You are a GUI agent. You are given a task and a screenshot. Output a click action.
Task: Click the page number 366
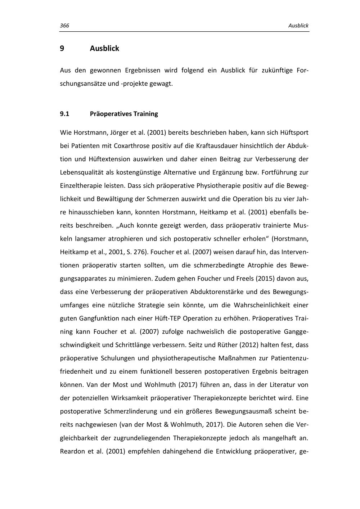(64, 26)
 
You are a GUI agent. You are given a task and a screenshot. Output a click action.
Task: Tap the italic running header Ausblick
(298, 26)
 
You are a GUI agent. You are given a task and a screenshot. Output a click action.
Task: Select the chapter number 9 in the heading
(62, 48)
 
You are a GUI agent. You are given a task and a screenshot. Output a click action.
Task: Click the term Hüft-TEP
(168, 319)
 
